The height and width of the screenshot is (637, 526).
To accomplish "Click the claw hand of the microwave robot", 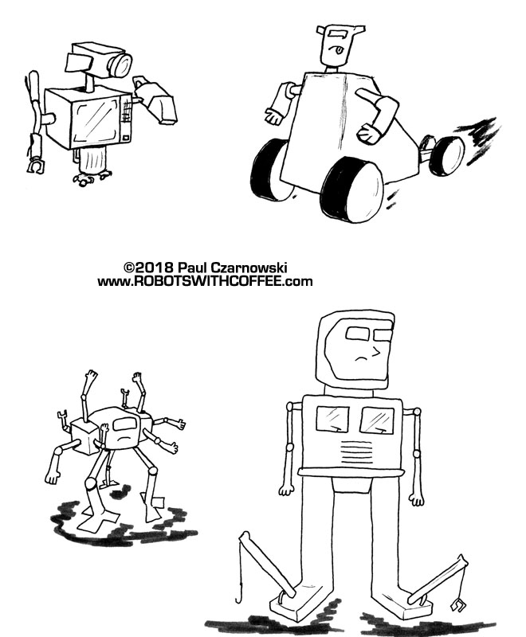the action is [36, 166].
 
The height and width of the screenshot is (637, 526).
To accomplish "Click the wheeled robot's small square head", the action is [336, 47].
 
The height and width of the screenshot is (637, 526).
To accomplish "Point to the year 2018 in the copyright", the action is [155, 268].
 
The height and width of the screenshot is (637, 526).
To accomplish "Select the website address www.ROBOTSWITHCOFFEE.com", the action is [205, 281].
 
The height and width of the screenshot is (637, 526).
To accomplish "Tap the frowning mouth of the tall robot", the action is [361, 358].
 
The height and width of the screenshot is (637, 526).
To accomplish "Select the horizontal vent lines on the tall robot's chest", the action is [356, 449].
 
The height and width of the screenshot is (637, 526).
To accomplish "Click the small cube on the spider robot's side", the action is [84, 436].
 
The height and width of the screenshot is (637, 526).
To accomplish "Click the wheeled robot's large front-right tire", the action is [352, 190].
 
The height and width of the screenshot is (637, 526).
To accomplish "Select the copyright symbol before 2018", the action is [129, 268].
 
